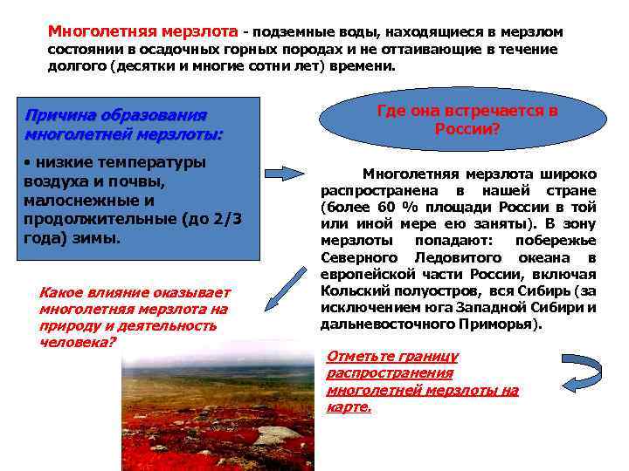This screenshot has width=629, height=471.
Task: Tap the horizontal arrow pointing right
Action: pyautogui.click(x=286, y=173)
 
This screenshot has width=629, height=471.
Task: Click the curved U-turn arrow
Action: pyautogui.click(x=580, y=374)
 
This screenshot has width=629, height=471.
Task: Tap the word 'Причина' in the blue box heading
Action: pyautogui.click(x=59, y=116)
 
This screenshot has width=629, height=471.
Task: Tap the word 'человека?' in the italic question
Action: pyautogui.click(x=77, y=342)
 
